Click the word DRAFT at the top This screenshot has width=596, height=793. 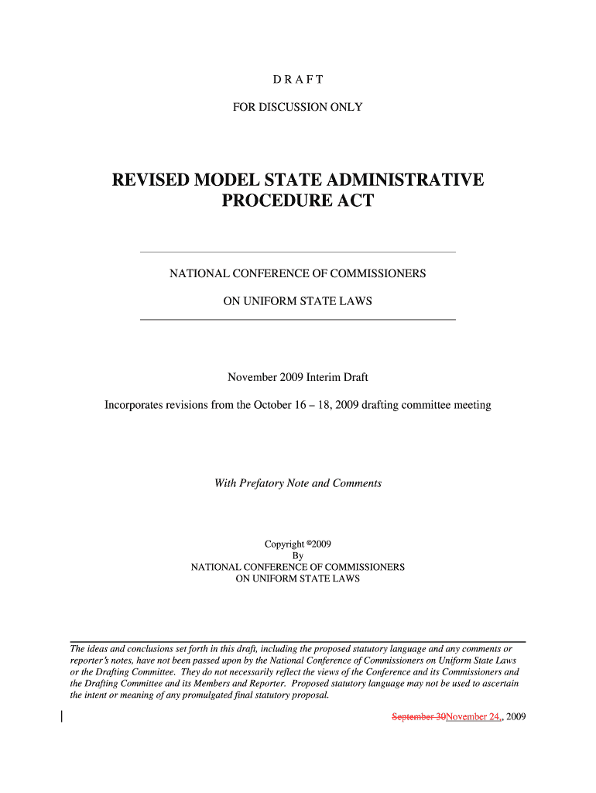coord(297,80)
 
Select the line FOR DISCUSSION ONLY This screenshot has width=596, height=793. coord(297,107)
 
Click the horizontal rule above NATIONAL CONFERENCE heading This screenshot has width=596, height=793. coord(297,252)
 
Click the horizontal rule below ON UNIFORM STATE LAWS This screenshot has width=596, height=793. coord(297,319)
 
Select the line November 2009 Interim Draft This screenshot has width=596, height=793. coord(297,377)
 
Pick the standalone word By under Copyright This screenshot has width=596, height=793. coord(297,555)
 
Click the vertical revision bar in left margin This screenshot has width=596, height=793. coord(61,716)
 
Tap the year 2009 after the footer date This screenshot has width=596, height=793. coord(516,717)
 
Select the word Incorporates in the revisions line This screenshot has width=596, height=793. coord(135,405)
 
